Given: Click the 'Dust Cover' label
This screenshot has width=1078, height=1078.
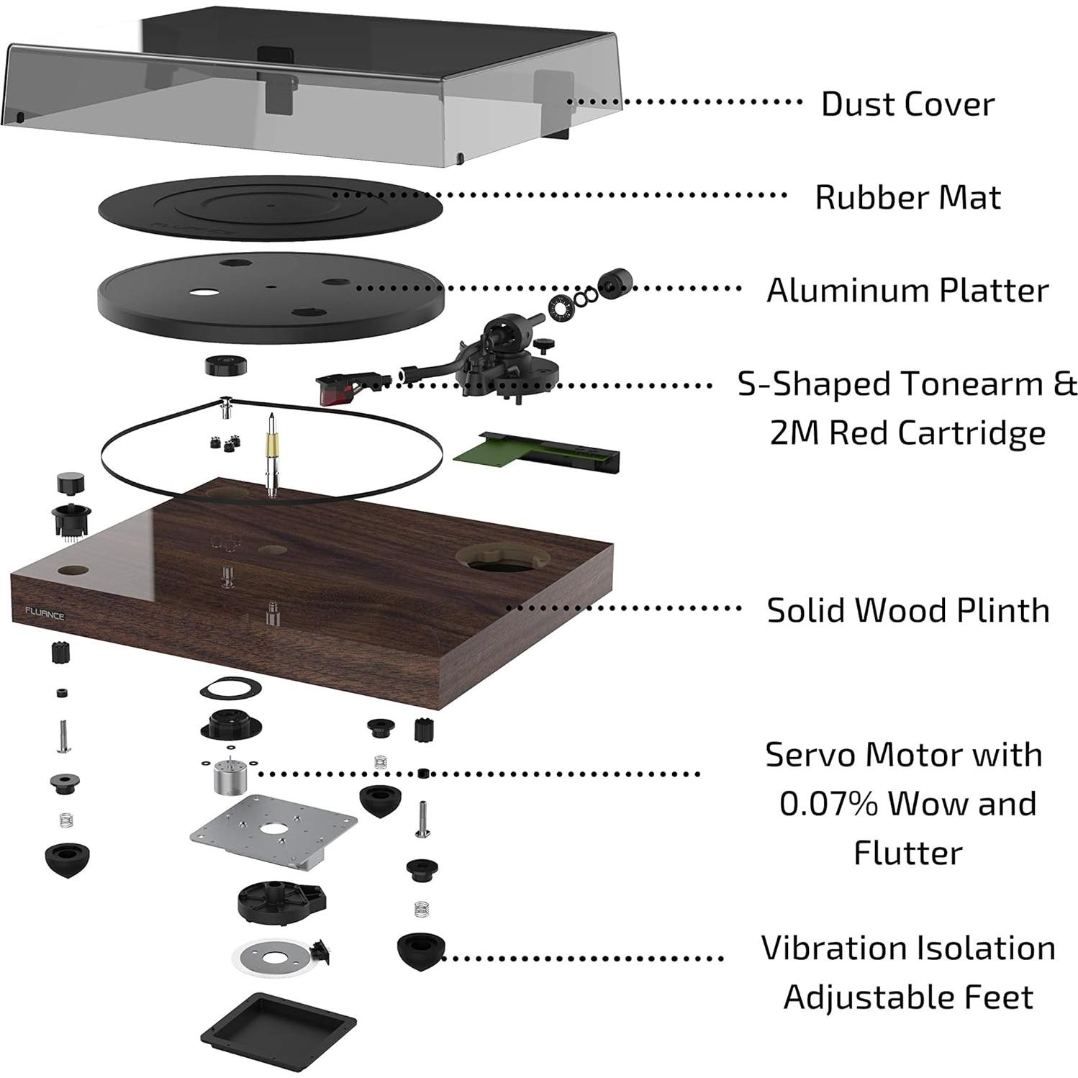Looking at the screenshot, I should pos(907,104).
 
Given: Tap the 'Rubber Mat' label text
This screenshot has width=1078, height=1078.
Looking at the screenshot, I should pos(907,197).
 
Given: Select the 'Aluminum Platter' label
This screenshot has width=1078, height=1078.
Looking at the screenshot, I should pos(907,291).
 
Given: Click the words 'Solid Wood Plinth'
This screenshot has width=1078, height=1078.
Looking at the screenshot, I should pos(907,610).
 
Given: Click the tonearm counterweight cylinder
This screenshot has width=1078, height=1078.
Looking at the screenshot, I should pos(616,282).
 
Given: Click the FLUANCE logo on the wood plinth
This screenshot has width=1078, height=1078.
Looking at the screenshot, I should pos(45,615).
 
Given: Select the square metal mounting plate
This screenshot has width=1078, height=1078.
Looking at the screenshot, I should pos(273,829).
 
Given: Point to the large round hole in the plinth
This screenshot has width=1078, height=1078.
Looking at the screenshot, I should pos(504,558).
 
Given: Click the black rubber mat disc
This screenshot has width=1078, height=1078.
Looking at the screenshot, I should pos(270,207).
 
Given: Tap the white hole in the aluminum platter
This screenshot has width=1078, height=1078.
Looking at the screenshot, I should pos(204,293).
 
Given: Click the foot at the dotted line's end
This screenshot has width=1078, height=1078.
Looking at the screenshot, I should pos(420,951).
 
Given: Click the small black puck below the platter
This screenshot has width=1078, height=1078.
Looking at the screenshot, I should pos(225,365).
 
